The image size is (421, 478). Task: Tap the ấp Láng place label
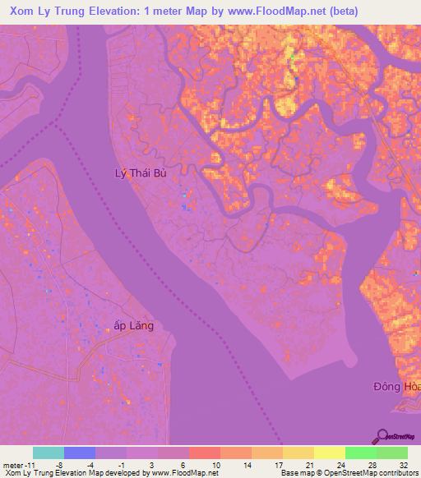133,325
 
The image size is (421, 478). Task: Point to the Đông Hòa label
397,385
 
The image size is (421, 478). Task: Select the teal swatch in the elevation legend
49,453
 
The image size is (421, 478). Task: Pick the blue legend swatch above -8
80,453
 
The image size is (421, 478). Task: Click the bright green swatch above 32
392,453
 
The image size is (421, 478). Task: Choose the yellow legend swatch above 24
330,453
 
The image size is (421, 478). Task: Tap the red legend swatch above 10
205,453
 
